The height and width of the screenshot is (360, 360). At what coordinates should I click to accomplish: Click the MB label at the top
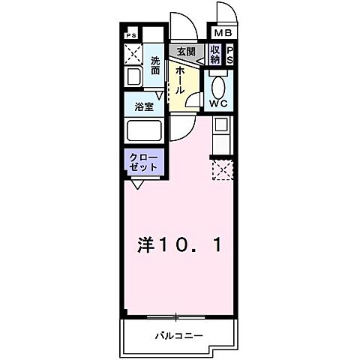tap(223, 33)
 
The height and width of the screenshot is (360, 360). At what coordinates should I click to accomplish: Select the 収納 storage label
tap(214, 55)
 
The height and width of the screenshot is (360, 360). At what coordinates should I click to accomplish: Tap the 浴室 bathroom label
tap(145, 106)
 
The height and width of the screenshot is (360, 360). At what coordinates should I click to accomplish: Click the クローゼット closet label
tap(142, 163)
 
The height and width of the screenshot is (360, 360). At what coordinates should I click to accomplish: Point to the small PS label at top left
tap(131, 34)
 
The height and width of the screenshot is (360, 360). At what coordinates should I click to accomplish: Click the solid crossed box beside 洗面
tap(133, 54)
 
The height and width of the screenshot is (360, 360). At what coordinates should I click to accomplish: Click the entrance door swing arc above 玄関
tap(183, 25)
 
